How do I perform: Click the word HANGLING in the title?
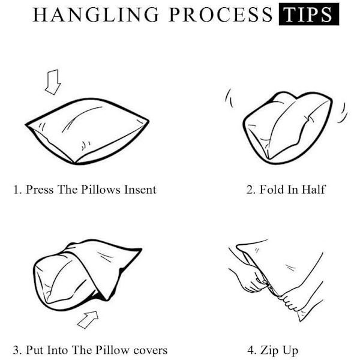96,14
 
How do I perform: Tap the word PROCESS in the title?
221,14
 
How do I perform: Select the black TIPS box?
309,14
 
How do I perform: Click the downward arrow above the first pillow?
53,82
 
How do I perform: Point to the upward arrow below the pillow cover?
88,319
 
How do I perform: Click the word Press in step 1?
40,190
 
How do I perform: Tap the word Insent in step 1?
140,190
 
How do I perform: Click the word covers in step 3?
151,350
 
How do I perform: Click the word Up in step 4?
290,351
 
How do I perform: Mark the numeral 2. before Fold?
251,190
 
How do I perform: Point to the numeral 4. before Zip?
251,350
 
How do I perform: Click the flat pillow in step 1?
87,131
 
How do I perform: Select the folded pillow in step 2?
287,127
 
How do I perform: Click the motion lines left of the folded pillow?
229,98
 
